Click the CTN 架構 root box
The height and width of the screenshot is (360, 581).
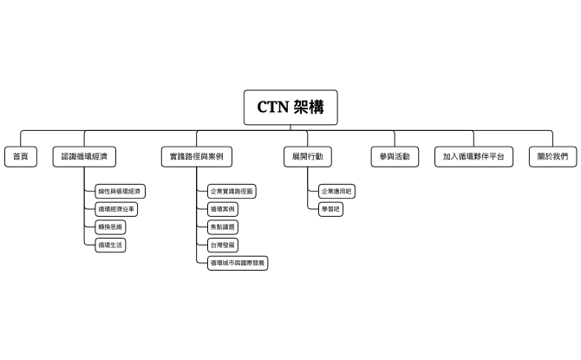(x=290, y=107)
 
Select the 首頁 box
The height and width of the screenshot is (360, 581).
(x=21, y=157)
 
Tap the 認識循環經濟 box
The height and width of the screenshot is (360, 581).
(x=84, y=157)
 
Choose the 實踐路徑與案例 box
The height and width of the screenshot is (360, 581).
(x=197, y=157)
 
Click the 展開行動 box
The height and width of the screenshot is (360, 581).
(x=307, y=157)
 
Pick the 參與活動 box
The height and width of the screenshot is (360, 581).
(x=394, y=157)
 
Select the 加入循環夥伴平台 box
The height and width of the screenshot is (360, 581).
(x=473, y=157)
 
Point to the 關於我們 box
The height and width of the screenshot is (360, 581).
(x=552, y=157)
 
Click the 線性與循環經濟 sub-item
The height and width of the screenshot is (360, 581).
(x=120, y=191)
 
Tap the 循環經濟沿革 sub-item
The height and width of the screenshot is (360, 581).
(x=116, y=209)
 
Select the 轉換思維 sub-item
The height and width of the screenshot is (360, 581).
(x=111, y=227)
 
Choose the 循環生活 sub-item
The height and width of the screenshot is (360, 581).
(x=111, y=245)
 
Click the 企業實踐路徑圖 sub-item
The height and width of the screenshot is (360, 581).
(x=232, y=191)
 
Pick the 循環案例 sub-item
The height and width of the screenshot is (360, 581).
(x=222, y=209)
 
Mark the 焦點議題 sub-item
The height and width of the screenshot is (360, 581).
(x=222, y=227)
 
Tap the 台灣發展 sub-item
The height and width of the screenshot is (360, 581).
(x=222, y=245)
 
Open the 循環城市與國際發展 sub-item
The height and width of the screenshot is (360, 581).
(x=238, y=263)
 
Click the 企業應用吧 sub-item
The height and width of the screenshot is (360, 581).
(x=337, y=191)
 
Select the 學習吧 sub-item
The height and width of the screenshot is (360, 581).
(x=330, y=209)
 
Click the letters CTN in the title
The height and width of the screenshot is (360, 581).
(x=274, y=107)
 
